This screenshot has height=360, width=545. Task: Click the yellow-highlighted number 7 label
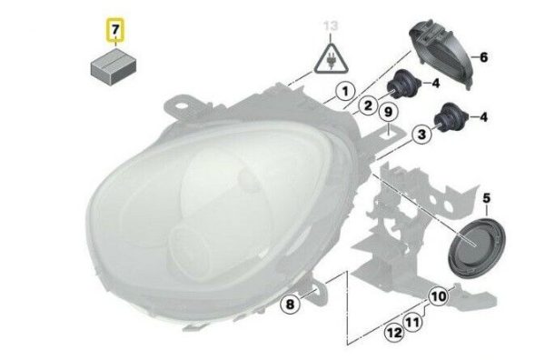[115, 30]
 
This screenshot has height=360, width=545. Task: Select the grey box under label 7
[114, 66]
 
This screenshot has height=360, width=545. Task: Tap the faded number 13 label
[331, 26]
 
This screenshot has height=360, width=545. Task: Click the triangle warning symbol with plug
[331, 59]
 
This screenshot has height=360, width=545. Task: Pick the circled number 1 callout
[345, 92]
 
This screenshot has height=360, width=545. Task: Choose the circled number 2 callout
[369, 105]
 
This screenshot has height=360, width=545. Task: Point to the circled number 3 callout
[421, 135]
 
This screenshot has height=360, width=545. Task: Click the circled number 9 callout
[389, 112]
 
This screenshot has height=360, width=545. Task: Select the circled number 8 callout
[290, 305]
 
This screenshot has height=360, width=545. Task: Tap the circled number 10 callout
[439, 296]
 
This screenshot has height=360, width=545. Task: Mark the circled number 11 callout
[412, 322]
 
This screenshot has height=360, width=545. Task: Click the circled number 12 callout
[394, 333]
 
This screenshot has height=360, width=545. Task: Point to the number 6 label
[483, 57]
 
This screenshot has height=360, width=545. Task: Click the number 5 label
[486, 198]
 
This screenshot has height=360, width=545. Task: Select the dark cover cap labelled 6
[440, 54]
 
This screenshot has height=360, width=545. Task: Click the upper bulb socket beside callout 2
[404, 85]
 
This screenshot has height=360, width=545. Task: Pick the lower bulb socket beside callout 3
[451, 117]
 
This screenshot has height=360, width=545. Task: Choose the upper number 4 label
[436, 84]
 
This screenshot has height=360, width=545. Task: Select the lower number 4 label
[483, 117]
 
